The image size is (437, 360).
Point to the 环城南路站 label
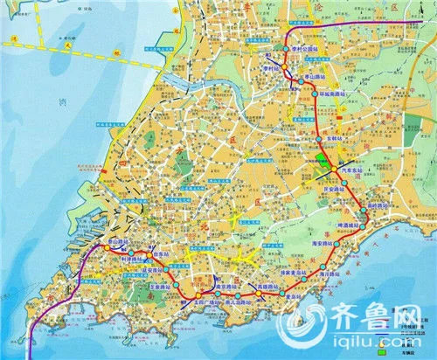point(335,91)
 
